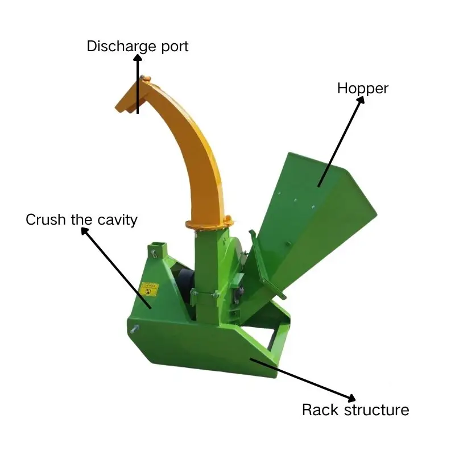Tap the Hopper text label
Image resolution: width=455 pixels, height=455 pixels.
point(362,89)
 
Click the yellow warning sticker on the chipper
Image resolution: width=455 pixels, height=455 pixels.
point(148,289)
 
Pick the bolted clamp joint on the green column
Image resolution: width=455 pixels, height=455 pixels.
point(205,294)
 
